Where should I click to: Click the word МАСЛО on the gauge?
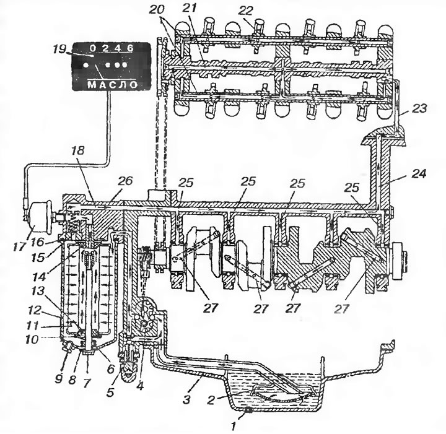click(x=112, y=84)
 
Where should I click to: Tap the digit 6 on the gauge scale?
click(x=130, y=48)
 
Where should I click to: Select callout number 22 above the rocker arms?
click(x=245, y=11)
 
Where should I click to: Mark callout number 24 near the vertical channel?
click(x=418, y=173)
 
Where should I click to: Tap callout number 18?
click(x=78, y=150)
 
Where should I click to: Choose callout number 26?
click(x=125, y=181)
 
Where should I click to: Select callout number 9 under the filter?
click(x=59, y=380)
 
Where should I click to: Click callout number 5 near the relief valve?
click(x=110, y=393)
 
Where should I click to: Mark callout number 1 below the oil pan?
click(x=234, y=427)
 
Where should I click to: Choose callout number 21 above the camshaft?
click(x=190, y=9)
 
